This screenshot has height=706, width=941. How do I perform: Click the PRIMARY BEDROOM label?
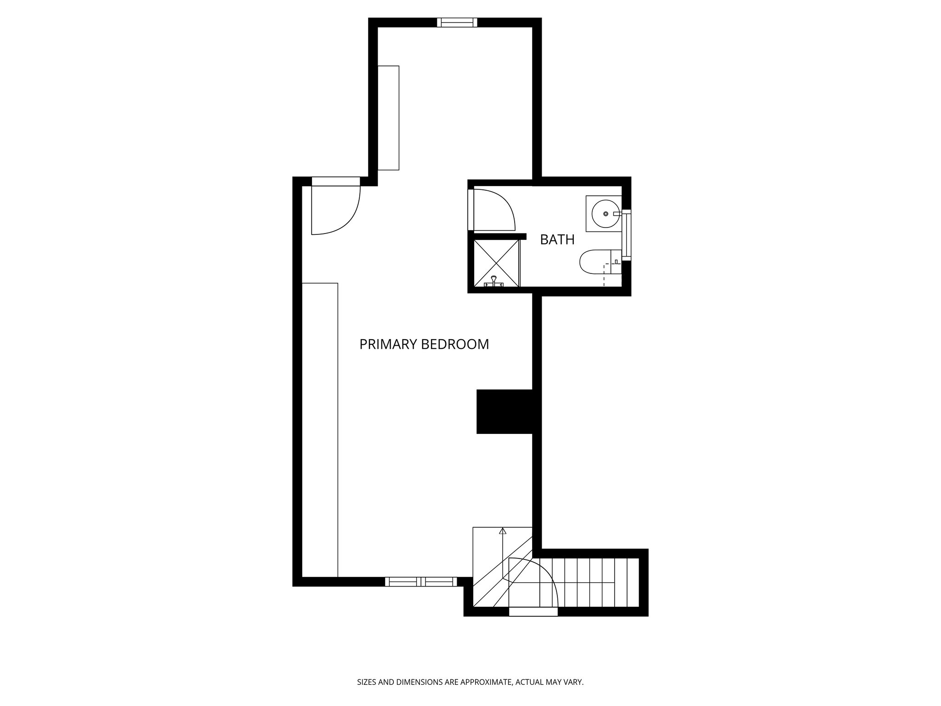(x=424, y=344)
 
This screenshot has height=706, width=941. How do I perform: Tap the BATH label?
(x=557, y=239)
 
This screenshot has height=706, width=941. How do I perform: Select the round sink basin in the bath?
(x=605, y=214)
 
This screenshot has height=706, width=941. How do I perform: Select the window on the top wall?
(x=457, y=23)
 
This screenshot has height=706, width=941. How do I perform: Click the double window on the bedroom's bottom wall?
(x=421, y=581)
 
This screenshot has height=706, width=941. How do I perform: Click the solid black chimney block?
(x=504, y=411)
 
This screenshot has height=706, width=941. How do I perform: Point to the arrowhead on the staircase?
(x=502, y=531)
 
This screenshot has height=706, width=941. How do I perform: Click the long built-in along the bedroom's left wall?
(x=320, y=430)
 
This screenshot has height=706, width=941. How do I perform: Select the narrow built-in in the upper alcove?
(x=388, y=118)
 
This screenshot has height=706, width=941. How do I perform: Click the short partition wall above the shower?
(x=499, y=236)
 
